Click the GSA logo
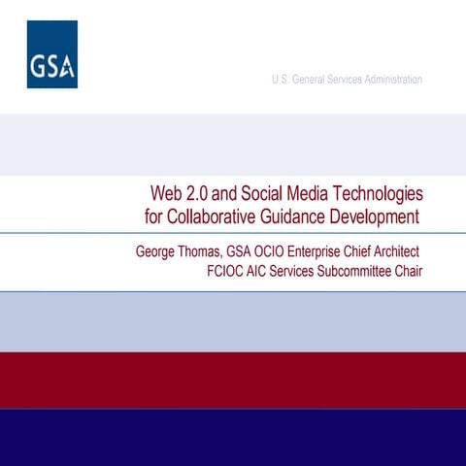coord(52,54)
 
